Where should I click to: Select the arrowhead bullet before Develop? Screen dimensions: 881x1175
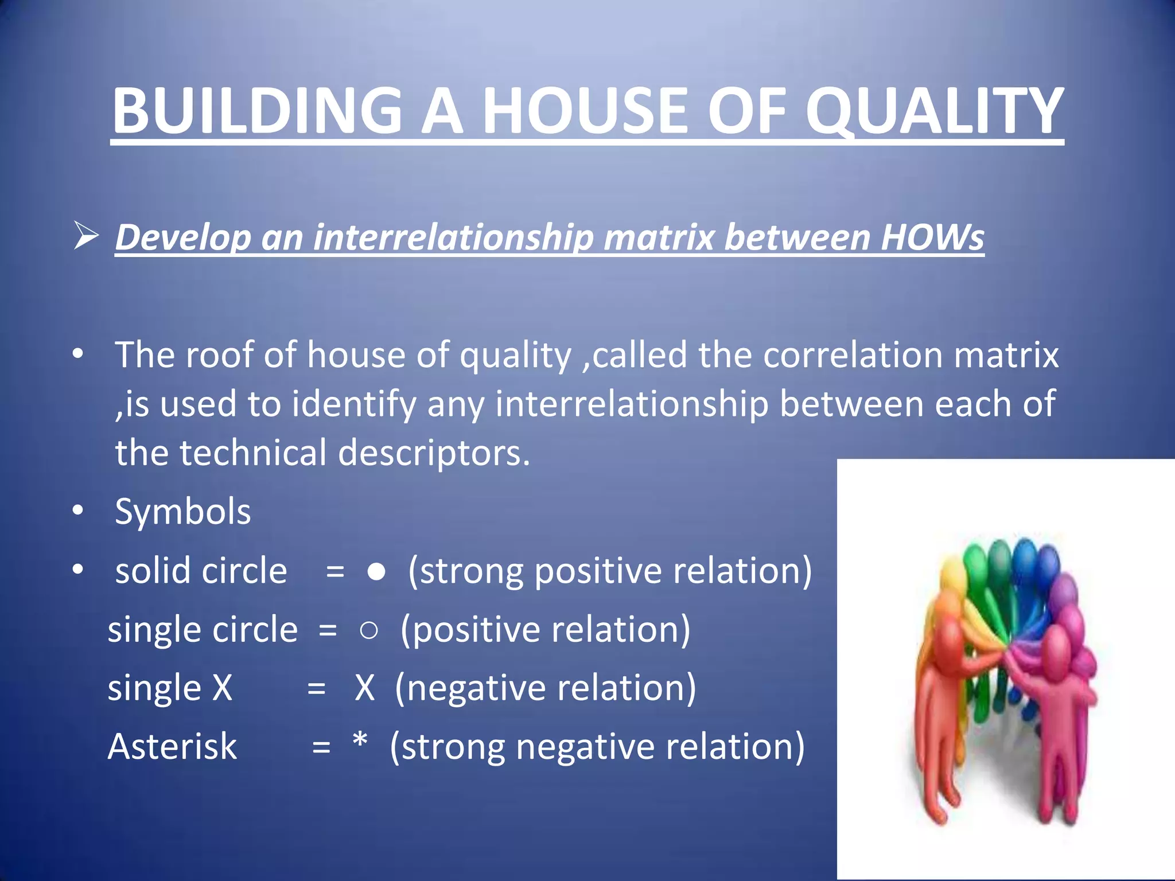point(86,237)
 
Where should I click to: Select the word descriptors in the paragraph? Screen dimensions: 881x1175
point(433,453)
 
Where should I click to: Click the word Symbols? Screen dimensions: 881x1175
point(182,512)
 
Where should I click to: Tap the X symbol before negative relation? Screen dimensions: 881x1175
point(364,688)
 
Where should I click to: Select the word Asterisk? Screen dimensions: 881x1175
point(172,747)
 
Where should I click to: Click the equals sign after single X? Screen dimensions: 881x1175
point(316,689)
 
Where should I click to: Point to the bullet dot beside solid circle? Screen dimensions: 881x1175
point(79,570)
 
